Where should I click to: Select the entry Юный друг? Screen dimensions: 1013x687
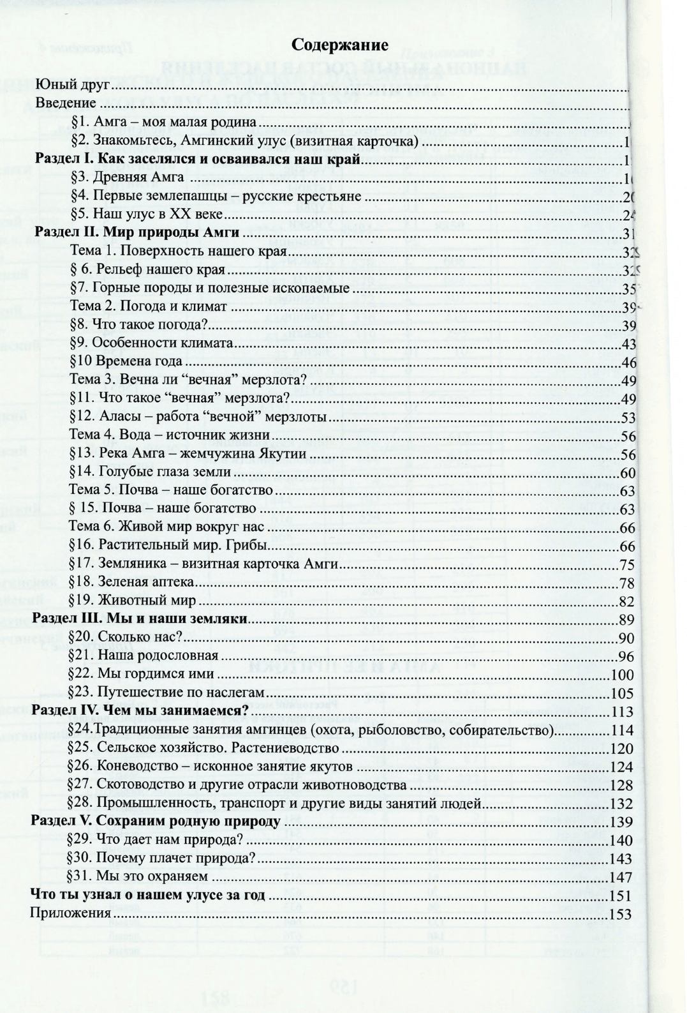(73, 84)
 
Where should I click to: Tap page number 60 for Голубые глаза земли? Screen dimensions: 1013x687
(628, 474)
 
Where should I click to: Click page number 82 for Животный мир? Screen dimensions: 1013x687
(628, 602)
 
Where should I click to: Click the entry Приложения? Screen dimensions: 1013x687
(71, 913)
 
